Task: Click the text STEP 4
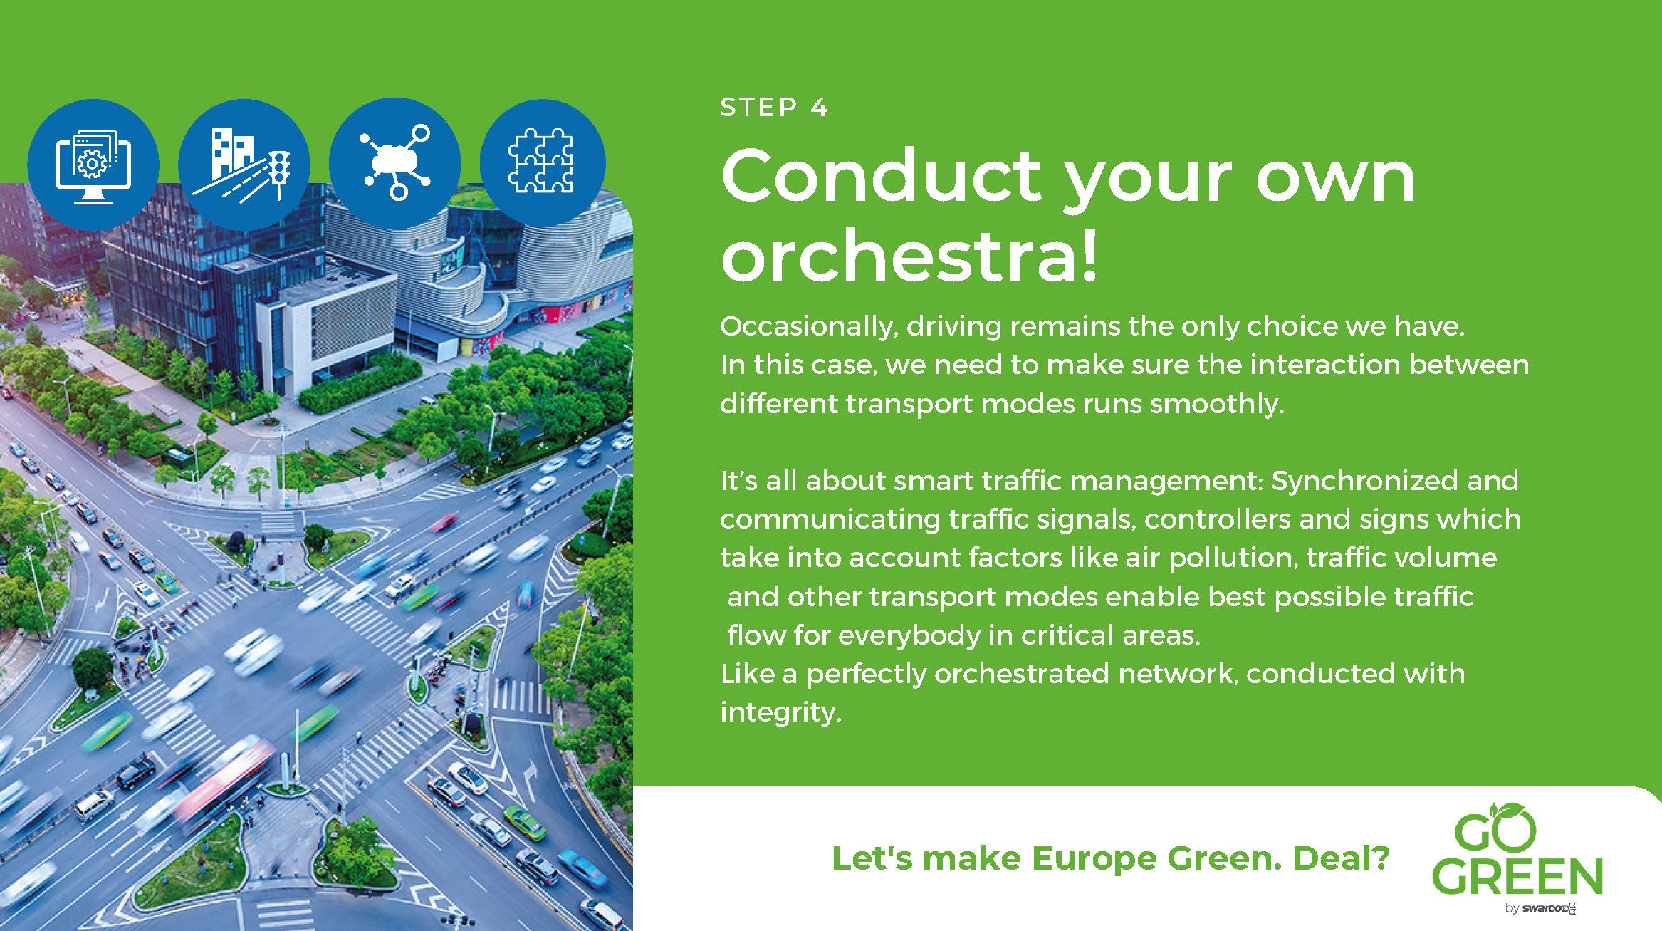click(775, 108)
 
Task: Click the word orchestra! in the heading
click(909, 254)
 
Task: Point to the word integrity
click(780, 713)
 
